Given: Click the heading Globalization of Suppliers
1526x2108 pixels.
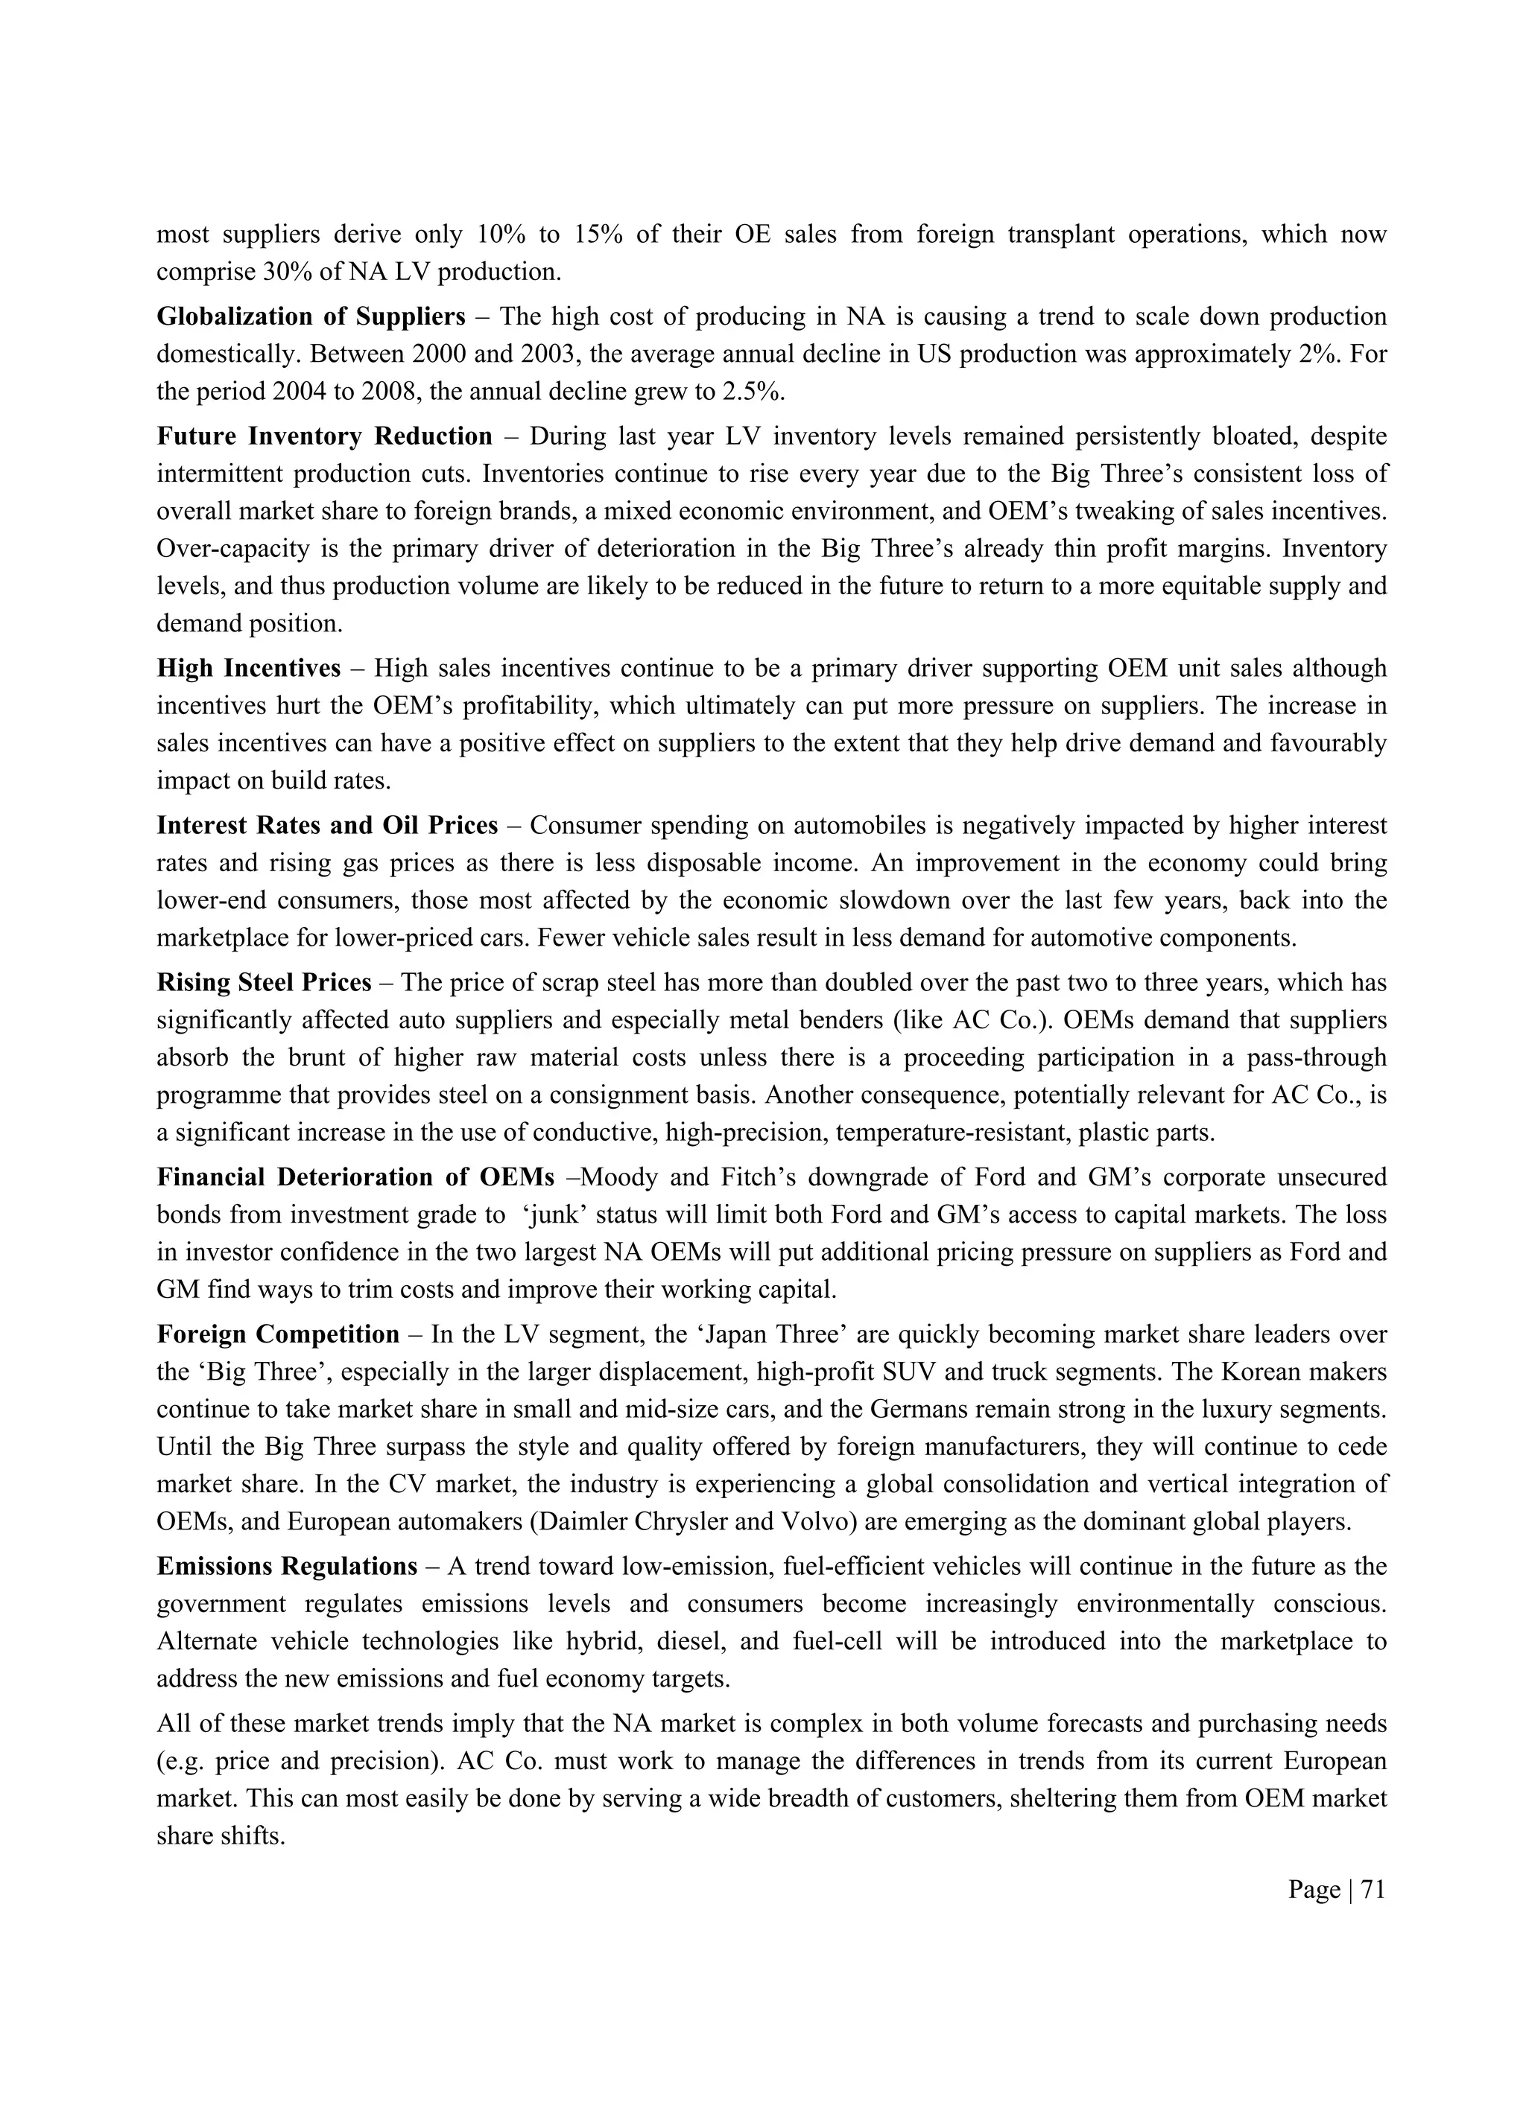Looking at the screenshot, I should [311, 317].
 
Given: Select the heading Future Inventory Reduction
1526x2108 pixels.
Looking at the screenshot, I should [325, 436].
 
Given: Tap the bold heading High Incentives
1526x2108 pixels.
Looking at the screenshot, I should [248, 668].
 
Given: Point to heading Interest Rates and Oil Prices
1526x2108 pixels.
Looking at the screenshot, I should [327, 825].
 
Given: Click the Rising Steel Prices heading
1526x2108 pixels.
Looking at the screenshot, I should [264, 982].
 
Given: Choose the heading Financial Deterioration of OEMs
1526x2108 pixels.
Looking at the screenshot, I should [355, 1178].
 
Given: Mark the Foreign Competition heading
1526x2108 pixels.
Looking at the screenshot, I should [278, 1334].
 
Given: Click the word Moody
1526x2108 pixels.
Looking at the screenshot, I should [618, 1178].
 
